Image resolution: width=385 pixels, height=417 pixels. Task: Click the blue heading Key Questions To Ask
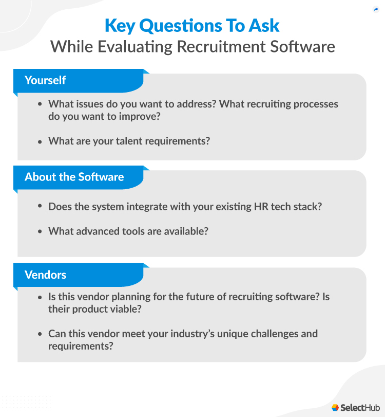(x=192, y=26)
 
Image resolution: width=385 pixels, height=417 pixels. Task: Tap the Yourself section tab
(x=46, y=80)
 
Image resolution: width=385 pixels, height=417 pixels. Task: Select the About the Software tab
(x=74, y=177)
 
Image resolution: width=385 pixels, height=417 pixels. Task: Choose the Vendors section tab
(x=46, y=275)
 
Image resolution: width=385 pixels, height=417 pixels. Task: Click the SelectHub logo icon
(x=335, y=407)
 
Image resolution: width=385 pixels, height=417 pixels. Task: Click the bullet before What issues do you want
(x=41, y=104)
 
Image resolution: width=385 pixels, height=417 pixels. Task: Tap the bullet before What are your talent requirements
(x=41, y=141)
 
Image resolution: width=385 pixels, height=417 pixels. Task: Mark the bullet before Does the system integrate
(x=41, y=206)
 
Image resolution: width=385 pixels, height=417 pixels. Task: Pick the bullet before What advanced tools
(x=41, y=231)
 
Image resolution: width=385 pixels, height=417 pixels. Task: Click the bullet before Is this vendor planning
(x=41, y=298)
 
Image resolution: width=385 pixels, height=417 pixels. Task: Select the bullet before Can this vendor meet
(x=41, y=334)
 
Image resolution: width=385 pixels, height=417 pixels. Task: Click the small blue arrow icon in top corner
(x=376, y=9)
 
